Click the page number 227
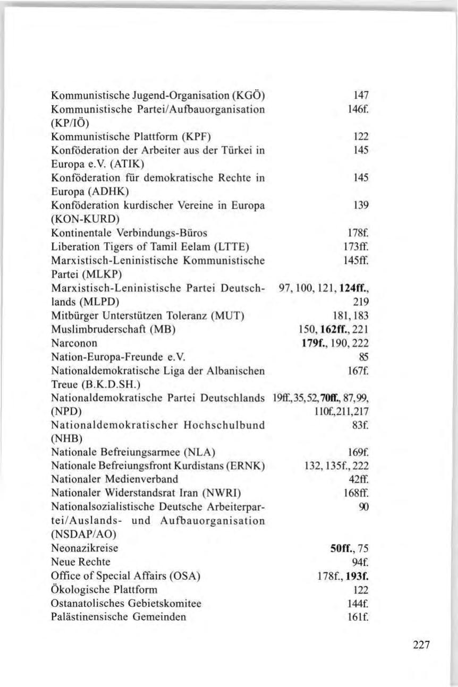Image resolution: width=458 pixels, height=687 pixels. [x=422, y=645]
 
